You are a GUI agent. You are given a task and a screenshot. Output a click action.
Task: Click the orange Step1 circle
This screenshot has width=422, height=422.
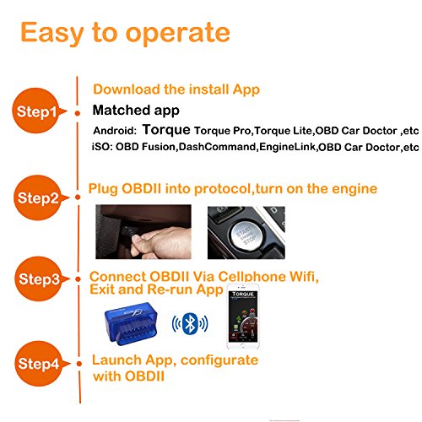click(x=35, y=111)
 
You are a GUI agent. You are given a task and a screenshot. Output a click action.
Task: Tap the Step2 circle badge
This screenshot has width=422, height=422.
click(x=37, y=197)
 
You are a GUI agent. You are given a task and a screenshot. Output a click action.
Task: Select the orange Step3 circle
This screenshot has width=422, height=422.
click(x=38, y=279)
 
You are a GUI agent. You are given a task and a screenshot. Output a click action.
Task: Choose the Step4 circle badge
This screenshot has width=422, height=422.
click(x=38, y=364)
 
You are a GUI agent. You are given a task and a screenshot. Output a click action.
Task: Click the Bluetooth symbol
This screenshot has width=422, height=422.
click(x=190, y=323)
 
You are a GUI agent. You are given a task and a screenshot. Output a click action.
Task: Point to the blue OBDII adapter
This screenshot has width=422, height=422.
click(x=131, y=324)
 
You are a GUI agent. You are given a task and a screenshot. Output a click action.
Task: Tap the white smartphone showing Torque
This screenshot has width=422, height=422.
click(x=243, y=316)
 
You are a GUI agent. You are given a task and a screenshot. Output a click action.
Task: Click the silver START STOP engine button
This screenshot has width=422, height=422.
click(x=246, y=234)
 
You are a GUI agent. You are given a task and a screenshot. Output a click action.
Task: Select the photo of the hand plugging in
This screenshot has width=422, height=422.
click(x=143, y=232)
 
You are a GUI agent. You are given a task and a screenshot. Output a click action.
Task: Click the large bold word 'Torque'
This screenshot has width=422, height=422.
click(x=166, y=130)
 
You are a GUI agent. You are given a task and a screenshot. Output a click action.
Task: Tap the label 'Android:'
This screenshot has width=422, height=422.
click(x=115, y=131)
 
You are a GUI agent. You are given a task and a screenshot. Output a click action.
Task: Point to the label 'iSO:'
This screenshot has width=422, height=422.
click(x=102, y=147)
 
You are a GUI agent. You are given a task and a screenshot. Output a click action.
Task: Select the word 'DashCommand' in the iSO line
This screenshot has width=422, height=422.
click(x=217, y=147)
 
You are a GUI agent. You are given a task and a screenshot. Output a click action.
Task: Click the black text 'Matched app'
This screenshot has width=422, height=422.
click(x=136, y=111)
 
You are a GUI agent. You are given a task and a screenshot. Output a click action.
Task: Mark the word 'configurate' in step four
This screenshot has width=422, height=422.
click(x=219, y=361)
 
